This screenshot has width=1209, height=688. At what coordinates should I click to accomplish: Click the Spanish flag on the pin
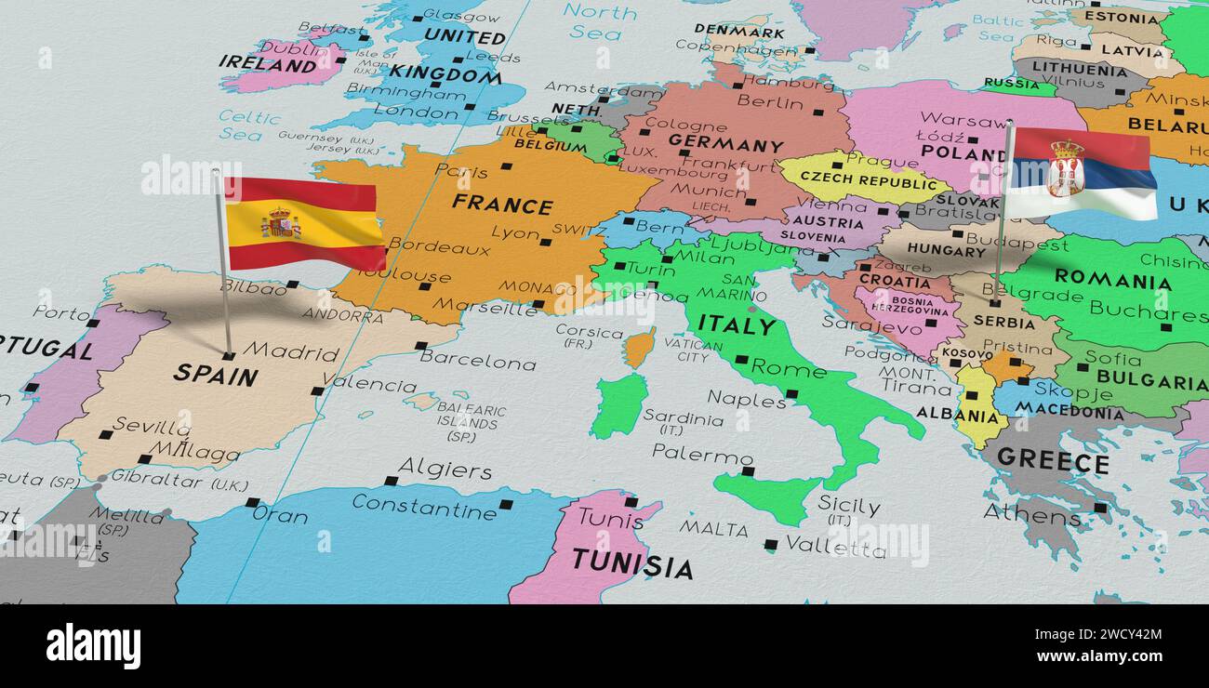[304, 224]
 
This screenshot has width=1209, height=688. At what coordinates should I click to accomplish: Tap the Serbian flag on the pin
[1081, 173]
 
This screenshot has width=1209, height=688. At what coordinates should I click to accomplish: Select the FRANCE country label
[502, 204]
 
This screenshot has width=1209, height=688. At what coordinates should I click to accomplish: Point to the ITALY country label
[737, 324]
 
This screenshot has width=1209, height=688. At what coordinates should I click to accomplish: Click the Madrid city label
[291, 352]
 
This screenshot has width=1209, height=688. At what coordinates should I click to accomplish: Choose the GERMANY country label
[725, 144]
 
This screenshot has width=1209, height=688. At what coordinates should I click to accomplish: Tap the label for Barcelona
[477, 360]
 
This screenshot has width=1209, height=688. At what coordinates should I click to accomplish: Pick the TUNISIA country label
[631, 563]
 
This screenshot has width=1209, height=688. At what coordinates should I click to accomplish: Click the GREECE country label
[1052, 459]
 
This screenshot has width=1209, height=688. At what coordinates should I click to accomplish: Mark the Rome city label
[788, 368]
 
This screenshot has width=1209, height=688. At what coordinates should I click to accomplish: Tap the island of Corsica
[639, 347]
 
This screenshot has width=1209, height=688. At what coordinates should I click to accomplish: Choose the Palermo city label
[701, 455]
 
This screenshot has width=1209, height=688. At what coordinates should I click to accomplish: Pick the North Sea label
[599, 21]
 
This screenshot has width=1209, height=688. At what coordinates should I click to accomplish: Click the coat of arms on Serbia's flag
[1065, 169]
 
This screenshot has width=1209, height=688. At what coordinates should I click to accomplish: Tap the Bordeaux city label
[439, 247]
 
